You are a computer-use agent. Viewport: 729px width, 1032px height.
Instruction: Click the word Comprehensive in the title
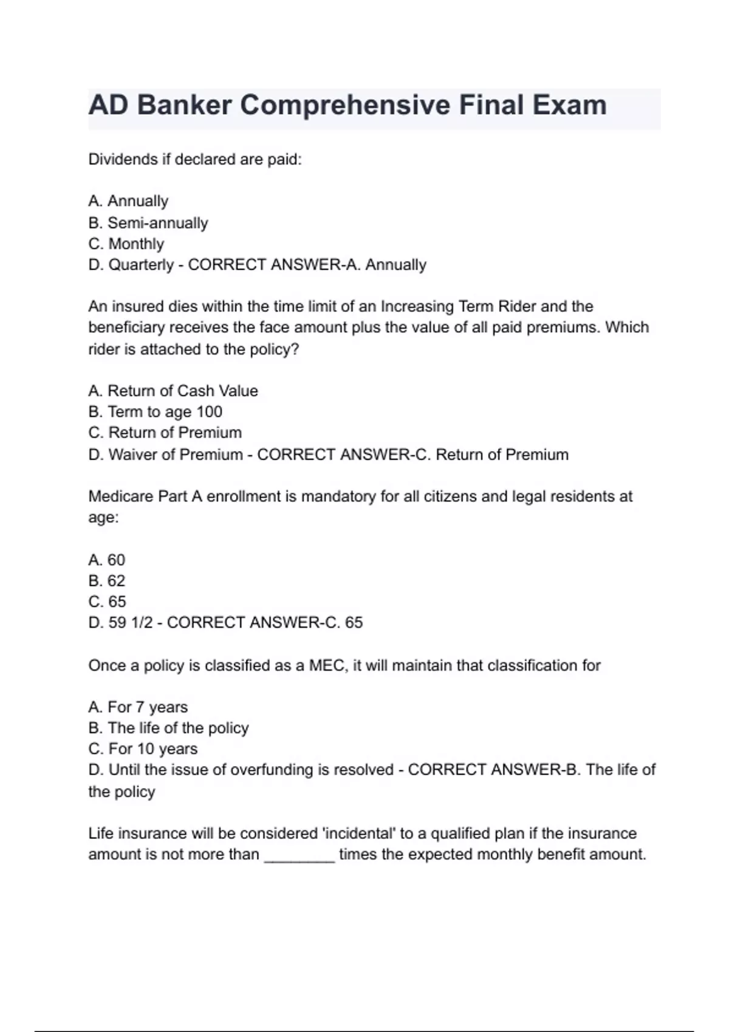[345, 106]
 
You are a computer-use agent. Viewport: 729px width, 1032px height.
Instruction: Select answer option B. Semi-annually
[148, 223]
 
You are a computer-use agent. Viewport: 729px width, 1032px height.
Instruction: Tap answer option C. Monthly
[126, 244]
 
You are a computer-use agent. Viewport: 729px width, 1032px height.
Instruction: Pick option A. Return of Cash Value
[173, 391]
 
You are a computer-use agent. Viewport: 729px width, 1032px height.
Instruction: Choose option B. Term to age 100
[155, 412]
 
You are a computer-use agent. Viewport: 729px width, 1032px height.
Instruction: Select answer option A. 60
[107, 560]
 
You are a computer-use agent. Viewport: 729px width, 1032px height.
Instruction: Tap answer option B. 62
[107, 581]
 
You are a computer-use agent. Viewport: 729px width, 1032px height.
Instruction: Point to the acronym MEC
[326, 665]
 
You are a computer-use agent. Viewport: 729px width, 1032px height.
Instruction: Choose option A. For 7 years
[138, 707]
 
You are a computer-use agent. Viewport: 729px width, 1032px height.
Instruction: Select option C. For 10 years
[143, 749]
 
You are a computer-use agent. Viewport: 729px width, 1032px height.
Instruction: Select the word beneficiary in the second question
[126, 328]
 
